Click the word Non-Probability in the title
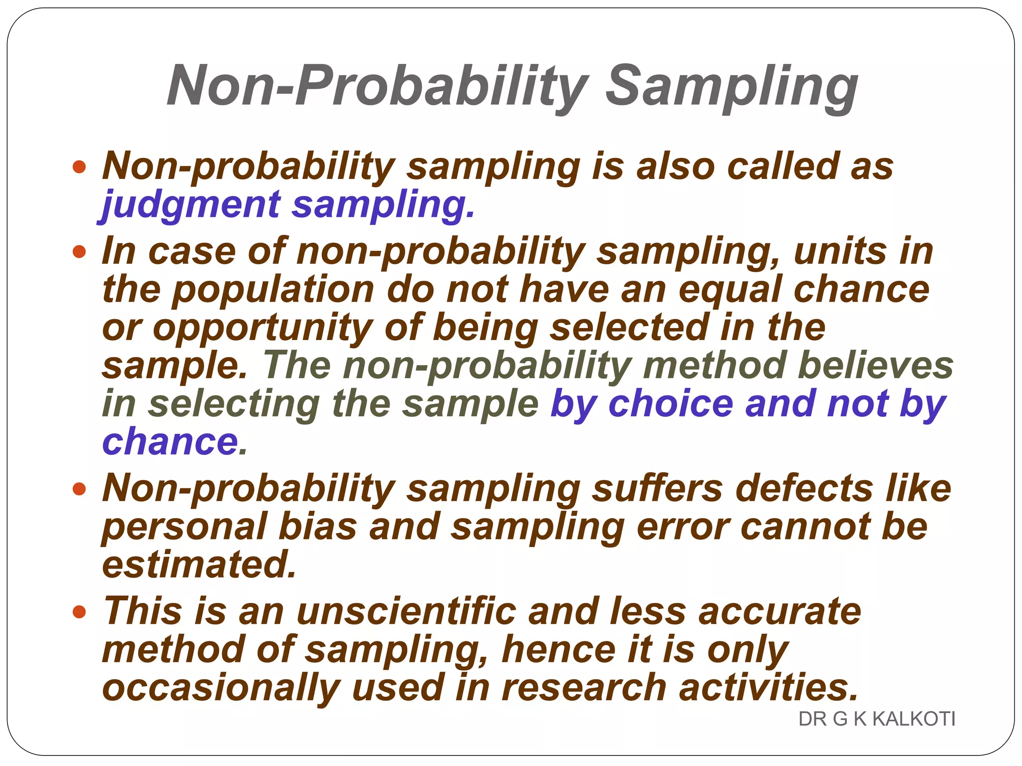tap(378, 86)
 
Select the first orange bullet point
tap(79, 167)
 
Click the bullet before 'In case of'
tap(79, 251)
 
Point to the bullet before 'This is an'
tap(79, 611)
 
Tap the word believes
tap(875, 366)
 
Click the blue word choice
tap(671, 403)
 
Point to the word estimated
tap(199, 565)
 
